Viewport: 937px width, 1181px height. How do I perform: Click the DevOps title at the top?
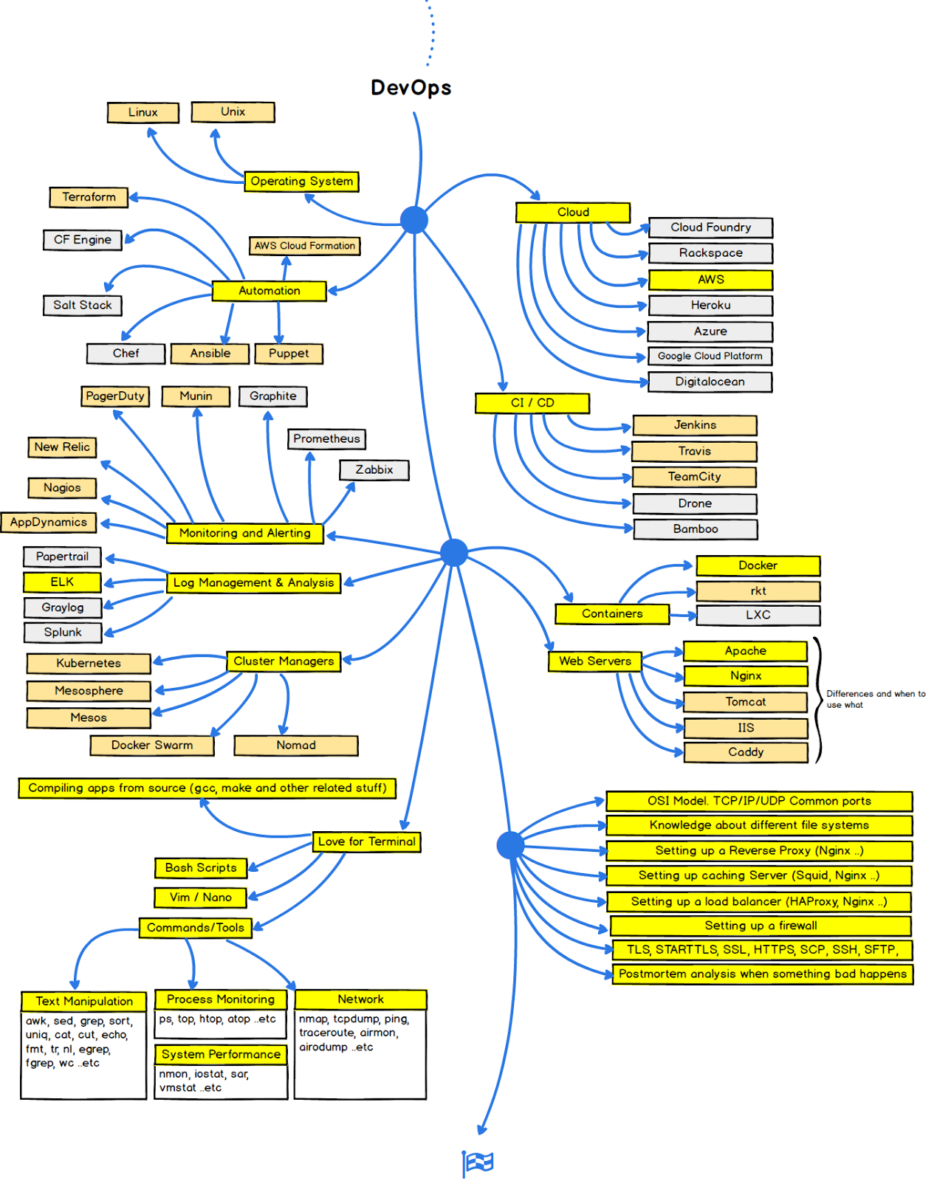point(411,88)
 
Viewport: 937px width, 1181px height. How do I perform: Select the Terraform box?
point(89,197)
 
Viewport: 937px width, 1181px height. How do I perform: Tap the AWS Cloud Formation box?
point(305,246)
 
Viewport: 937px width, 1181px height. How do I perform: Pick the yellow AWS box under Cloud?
point(710,280)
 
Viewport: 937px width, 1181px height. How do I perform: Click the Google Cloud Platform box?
point(710,357)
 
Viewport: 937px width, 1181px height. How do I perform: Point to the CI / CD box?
point(532,403)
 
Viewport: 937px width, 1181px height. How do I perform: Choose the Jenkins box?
point(694,425)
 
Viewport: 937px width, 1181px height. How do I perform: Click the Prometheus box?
point(326,439)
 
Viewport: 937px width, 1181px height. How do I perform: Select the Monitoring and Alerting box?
point(244,533)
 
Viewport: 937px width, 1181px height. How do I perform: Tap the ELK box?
point(62,582)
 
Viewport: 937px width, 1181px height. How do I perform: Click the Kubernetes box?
point(89,664)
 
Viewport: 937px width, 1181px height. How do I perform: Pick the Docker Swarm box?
point(152,746)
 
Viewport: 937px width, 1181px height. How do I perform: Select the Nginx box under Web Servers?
point(745,676)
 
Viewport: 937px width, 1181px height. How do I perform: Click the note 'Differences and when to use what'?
point(874,699)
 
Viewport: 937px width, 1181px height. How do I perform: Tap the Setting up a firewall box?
point(760,926)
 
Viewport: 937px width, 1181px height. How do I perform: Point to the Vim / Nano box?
point(200,898)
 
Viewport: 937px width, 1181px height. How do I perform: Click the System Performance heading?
point(221,1055)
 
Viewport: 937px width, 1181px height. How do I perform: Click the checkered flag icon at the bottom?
point(478,1163)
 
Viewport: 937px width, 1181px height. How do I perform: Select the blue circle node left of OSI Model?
point(510,845)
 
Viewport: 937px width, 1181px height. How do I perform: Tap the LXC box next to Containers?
point(758,615)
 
